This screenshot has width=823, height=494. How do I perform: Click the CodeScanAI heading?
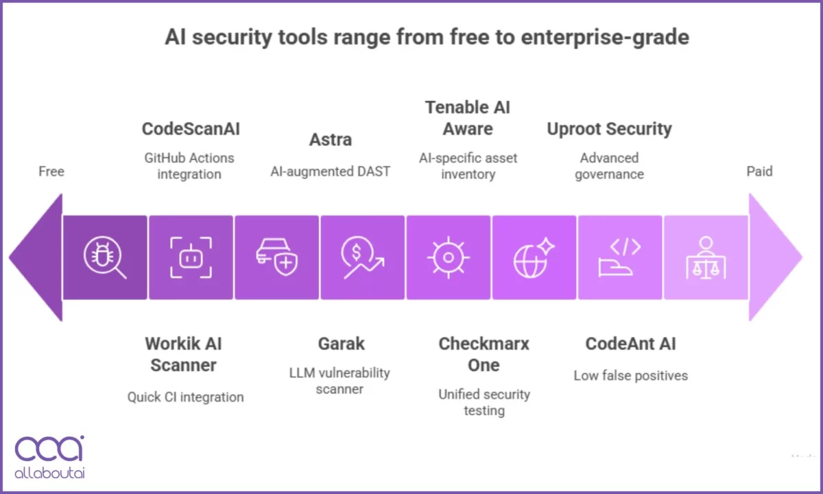pyautogui.click(x=191, y=129)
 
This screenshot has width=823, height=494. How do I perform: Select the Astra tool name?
pyautogui.click(x=331, y=139)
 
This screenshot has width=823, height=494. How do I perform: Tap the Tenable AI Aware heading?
pyautogui.click(x=468, y=118)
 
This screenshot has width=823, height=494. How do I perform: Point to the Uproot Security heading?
pyautogui.click(x=609, y=129)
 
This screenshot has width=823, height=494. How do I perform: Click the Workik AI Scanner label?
pyautogui.click(x=184, y=354)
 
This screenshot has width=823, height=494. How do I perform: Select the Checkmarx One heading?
pyautogui.click(x=484, y=354)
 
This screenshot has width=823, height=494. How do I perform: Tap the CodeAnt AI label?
pyautogui.click(x=630, y=344)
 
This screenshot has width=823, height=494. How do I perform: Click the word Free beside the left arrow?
pyautogui.click(x=51, y=171)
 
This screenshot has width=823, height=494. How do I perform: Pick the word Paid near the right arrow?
pyautogui.click(x=759, y=171)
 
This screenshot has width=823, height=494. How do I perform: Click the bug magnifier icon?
pyautogui.click(x=105, y=258)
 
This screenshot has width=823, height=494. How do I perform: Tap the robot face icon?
pyautogui.click(x=191, y=258)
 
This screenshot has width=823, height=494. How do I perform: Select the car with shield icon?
pyautogui.click(x=276, y=258)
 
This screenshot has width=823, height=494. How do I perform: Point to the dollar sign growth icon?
pyautogui.click(x=362, y=258)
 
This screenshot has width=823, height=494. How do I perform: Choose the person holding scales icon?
pyautogui.click(x=705, y=258)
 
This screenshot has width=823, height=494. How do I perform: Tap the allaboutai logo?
pyautogui.click(x=49, y=456)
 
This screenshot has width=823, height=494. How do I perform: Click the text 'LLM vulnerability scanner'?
pyautogui.click(x=339, y=381)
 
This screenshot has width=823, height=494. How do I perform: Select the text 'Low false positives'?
pyautogui.click(x=630, y=375)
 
